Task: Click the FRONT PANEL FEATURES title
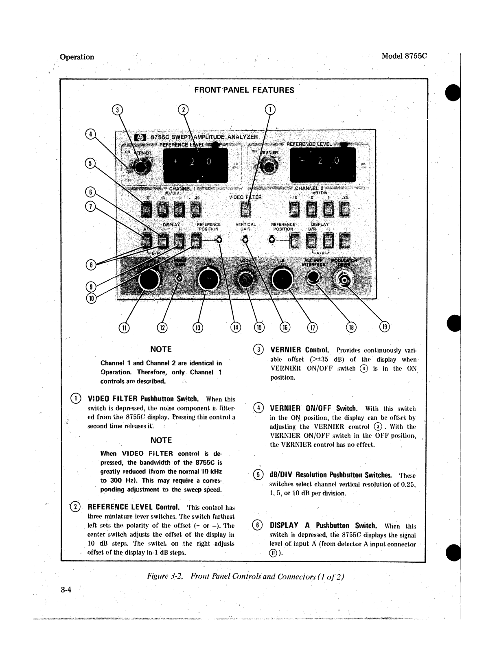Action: (244, 90)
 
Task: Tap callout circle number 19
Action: (385, 326)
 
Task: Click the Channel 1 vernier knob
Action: (140, 167)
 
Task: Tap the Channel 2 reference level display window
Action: (323, 164)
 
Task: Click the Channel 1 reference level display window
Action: (195, 164)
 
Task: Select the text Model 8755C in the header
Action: (404, 57)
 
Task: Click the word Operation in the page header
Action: (77, 57)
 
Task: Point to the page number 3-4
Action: (66, 590)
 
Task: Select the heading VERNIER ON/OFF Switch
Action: (313, 409)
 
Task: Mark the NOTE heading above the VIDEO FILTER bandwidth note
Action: (161, 440)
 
